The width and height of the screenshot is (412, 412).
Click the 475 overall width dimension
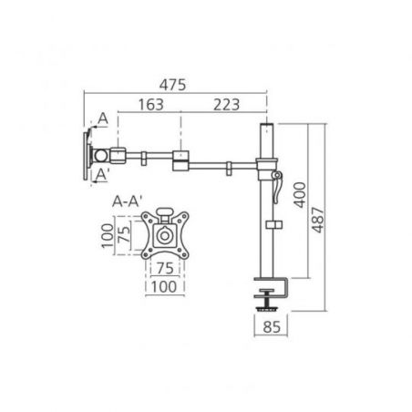coord(172,85)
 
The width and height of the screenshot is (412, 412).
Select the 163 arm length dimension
coord(151,105)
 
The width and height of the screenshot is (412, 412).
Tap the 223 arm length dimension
coord(226,105)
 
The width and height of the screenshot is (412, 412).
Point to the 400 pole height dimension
coord(300,195)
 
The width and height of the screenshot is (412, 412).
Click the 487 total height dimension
coord(318,220)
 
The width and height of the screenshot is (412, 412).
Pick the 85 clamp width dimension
coord(272,327)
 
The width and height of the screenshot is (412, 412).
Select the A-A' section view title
coord(127,201)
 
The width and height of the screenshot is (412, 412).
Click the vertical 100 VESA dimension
coord(108,235)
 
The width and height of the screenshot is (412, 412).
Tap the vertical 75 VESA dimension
coord(124,235)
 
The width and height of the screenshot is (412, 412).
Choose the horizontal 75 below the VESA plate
coord(165,268)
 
